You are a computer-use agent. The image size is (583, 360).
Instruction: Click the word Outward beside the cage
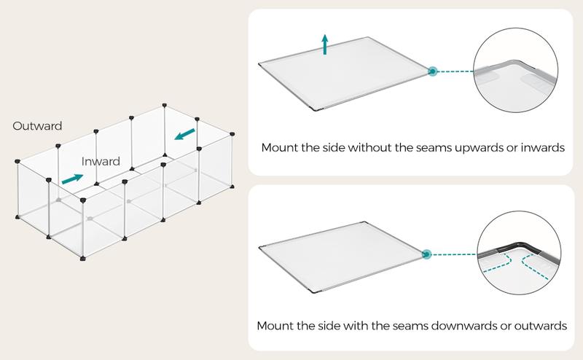37,126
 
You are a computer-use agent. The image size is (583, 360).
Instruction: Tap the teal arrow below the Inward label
72,178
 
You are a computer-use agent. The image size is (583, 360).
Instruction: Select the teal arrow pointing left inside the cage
185,134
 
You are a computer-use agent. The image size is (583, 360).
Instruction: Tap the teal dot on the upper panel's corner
432,71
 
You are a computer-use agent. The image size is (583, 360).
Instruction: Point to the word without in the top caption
360,148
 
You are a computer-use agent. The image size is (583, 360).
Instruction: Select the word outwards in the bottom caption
544,323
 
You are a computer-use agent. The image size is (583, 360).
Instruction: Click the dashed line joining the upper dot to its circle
455,71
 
